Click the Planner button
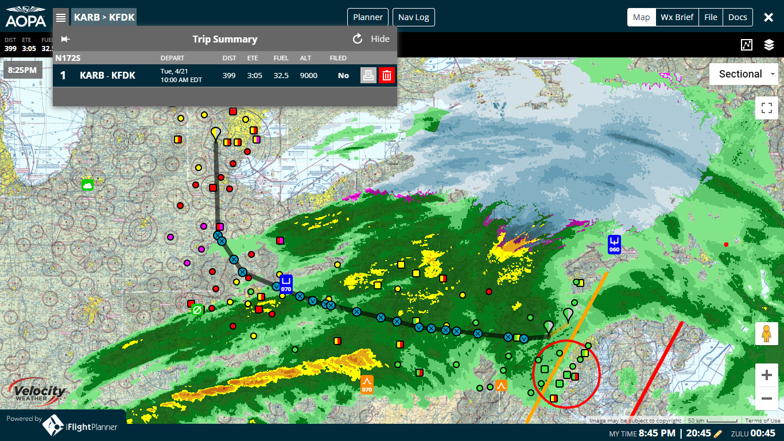[368, 17]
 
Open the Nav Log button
[414, 17]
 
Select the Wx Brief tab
[677, 17]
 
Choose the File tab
[711, 17]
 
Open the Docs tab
[738, 17]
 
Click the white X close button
[769, 17]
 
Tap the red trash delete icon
[387, 75]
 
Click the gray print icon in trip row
[368, 75]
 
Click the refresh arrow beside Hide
[358, 39]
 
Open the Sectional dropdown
[743, 74]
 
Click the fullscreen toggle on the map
[766, 108]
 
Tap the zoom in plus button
[766, 376]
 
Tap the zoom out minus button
[766, 398]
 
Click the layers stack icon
[769, 45]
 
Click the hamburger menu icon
[61, 17]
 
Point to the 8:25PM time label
[22, 70]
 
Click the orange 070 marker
[367, 384]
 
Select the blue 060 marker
[614, 244]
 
